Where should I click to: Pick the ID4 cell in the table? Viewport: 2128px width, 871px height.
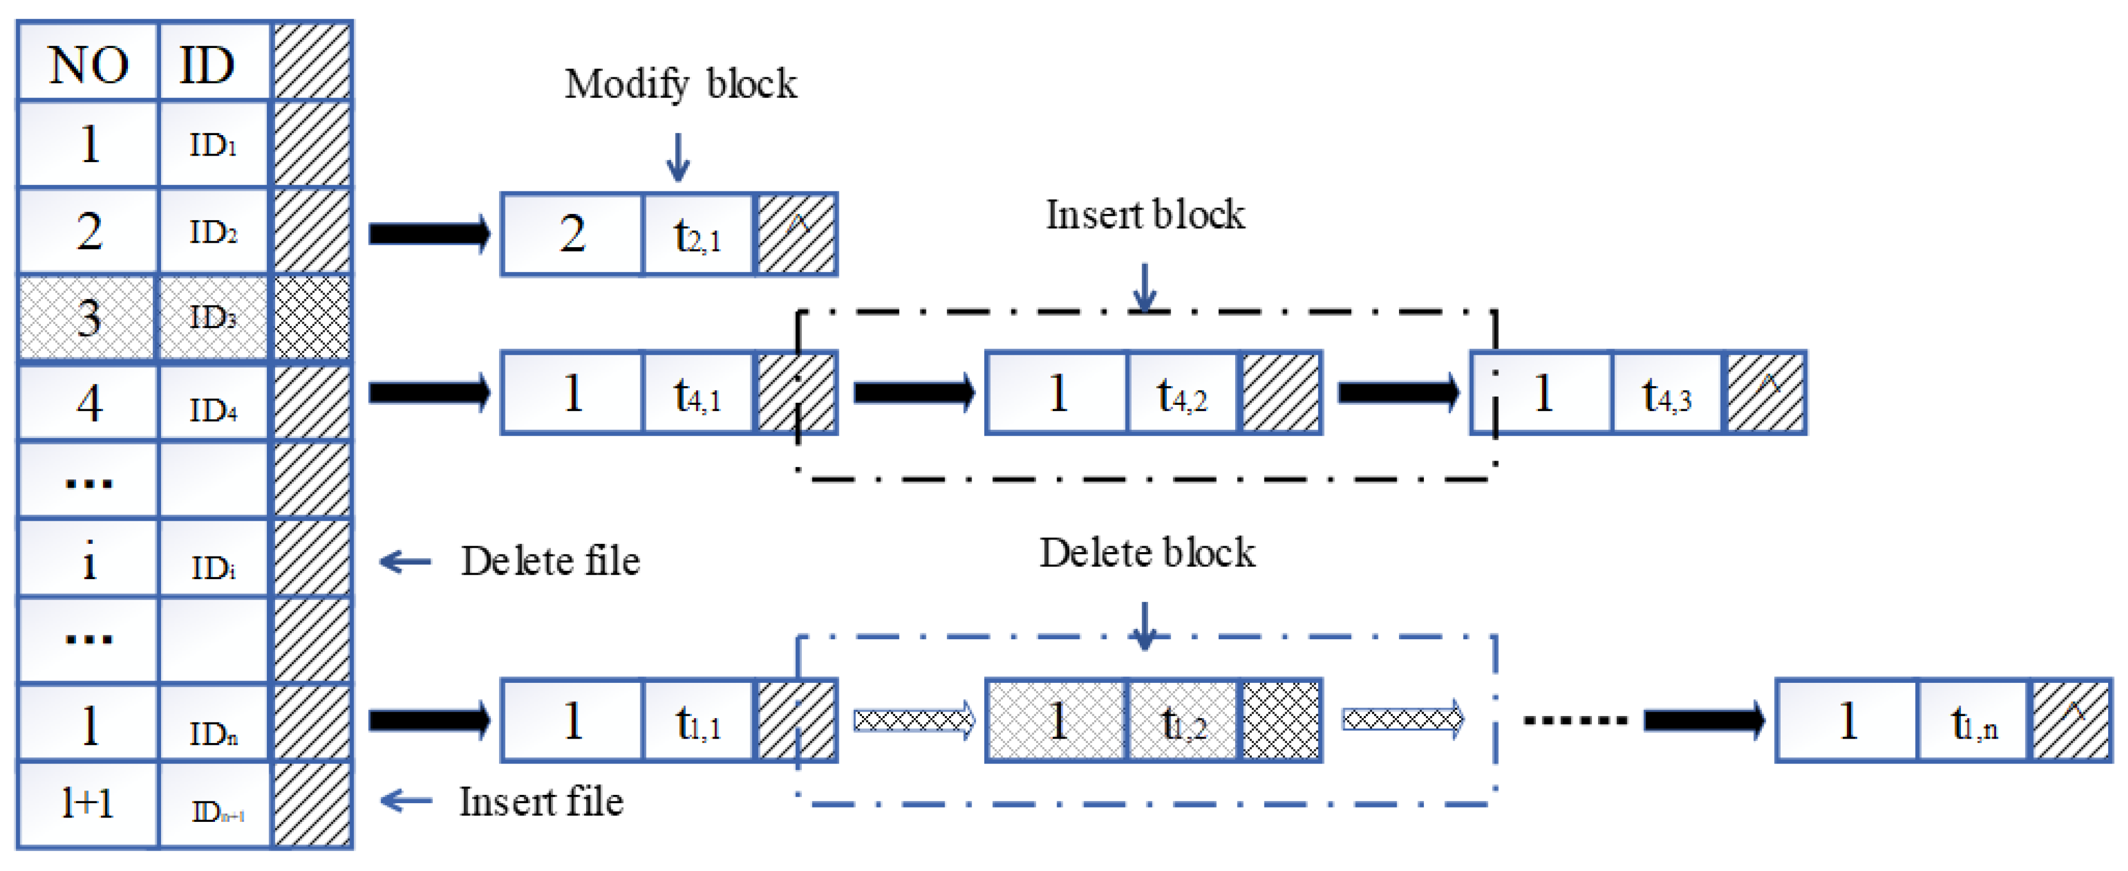[x=213, y=408]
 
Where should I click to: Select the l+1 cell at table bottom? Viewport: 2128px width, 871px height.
[x=88, y=803]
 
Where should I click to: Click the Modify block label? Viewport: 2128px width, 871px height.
[x=680, y=83]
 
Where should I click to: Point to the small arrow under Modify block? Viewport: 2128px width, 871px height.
[x=678, y=157]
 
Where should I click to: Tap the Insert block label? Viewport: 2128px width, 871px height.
[x=1145, y=215]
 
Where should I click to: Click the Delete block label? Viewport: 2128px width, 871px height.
[x=1146, y=553]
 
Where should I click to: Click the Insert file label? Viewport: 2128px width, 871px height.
[x=541, y=801]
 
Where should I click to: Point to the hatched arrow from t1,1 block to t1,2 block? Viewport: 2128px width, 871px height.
[x=913, y=720]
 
